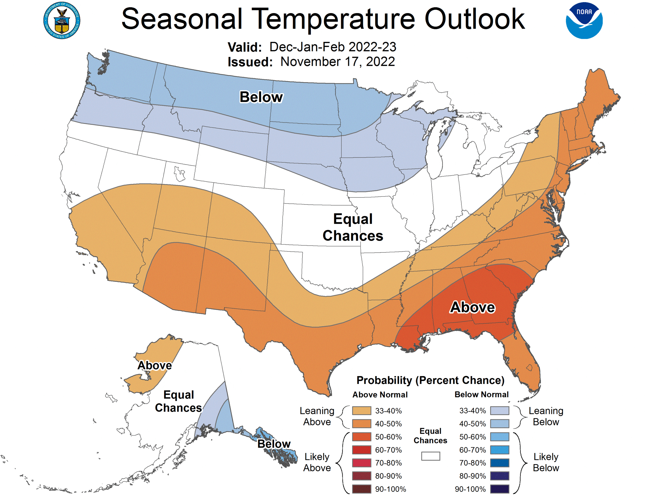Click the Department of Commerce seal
(x=62, y=20)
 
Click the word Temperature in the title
(x=333, y=19)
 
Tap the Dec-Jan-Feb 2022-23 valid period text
(x=333, y=47)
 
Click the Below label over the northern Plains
(x=261, y=97)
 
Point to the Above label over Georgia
(x=472, y=307)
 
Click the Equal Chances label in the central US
(x=353, y=227)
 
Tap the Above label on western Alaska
(x=154, y=365)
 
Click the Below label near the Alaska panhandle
(x=274, y=444)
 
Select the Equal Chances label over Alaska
(x=178, y=401)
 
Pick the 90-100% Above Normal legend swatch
(x=361, y=489)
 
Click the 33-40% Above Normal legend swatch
(x=361, y=410)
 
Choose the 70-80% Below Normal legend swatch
(x=500, y=463)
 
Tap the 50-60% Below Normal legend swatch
(x=500, y=437)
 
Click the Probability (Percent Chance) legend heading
(x=430, y=380)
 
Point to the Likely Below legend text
(x=546, y=462)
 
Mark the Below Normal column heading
(x=481, y=394)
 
